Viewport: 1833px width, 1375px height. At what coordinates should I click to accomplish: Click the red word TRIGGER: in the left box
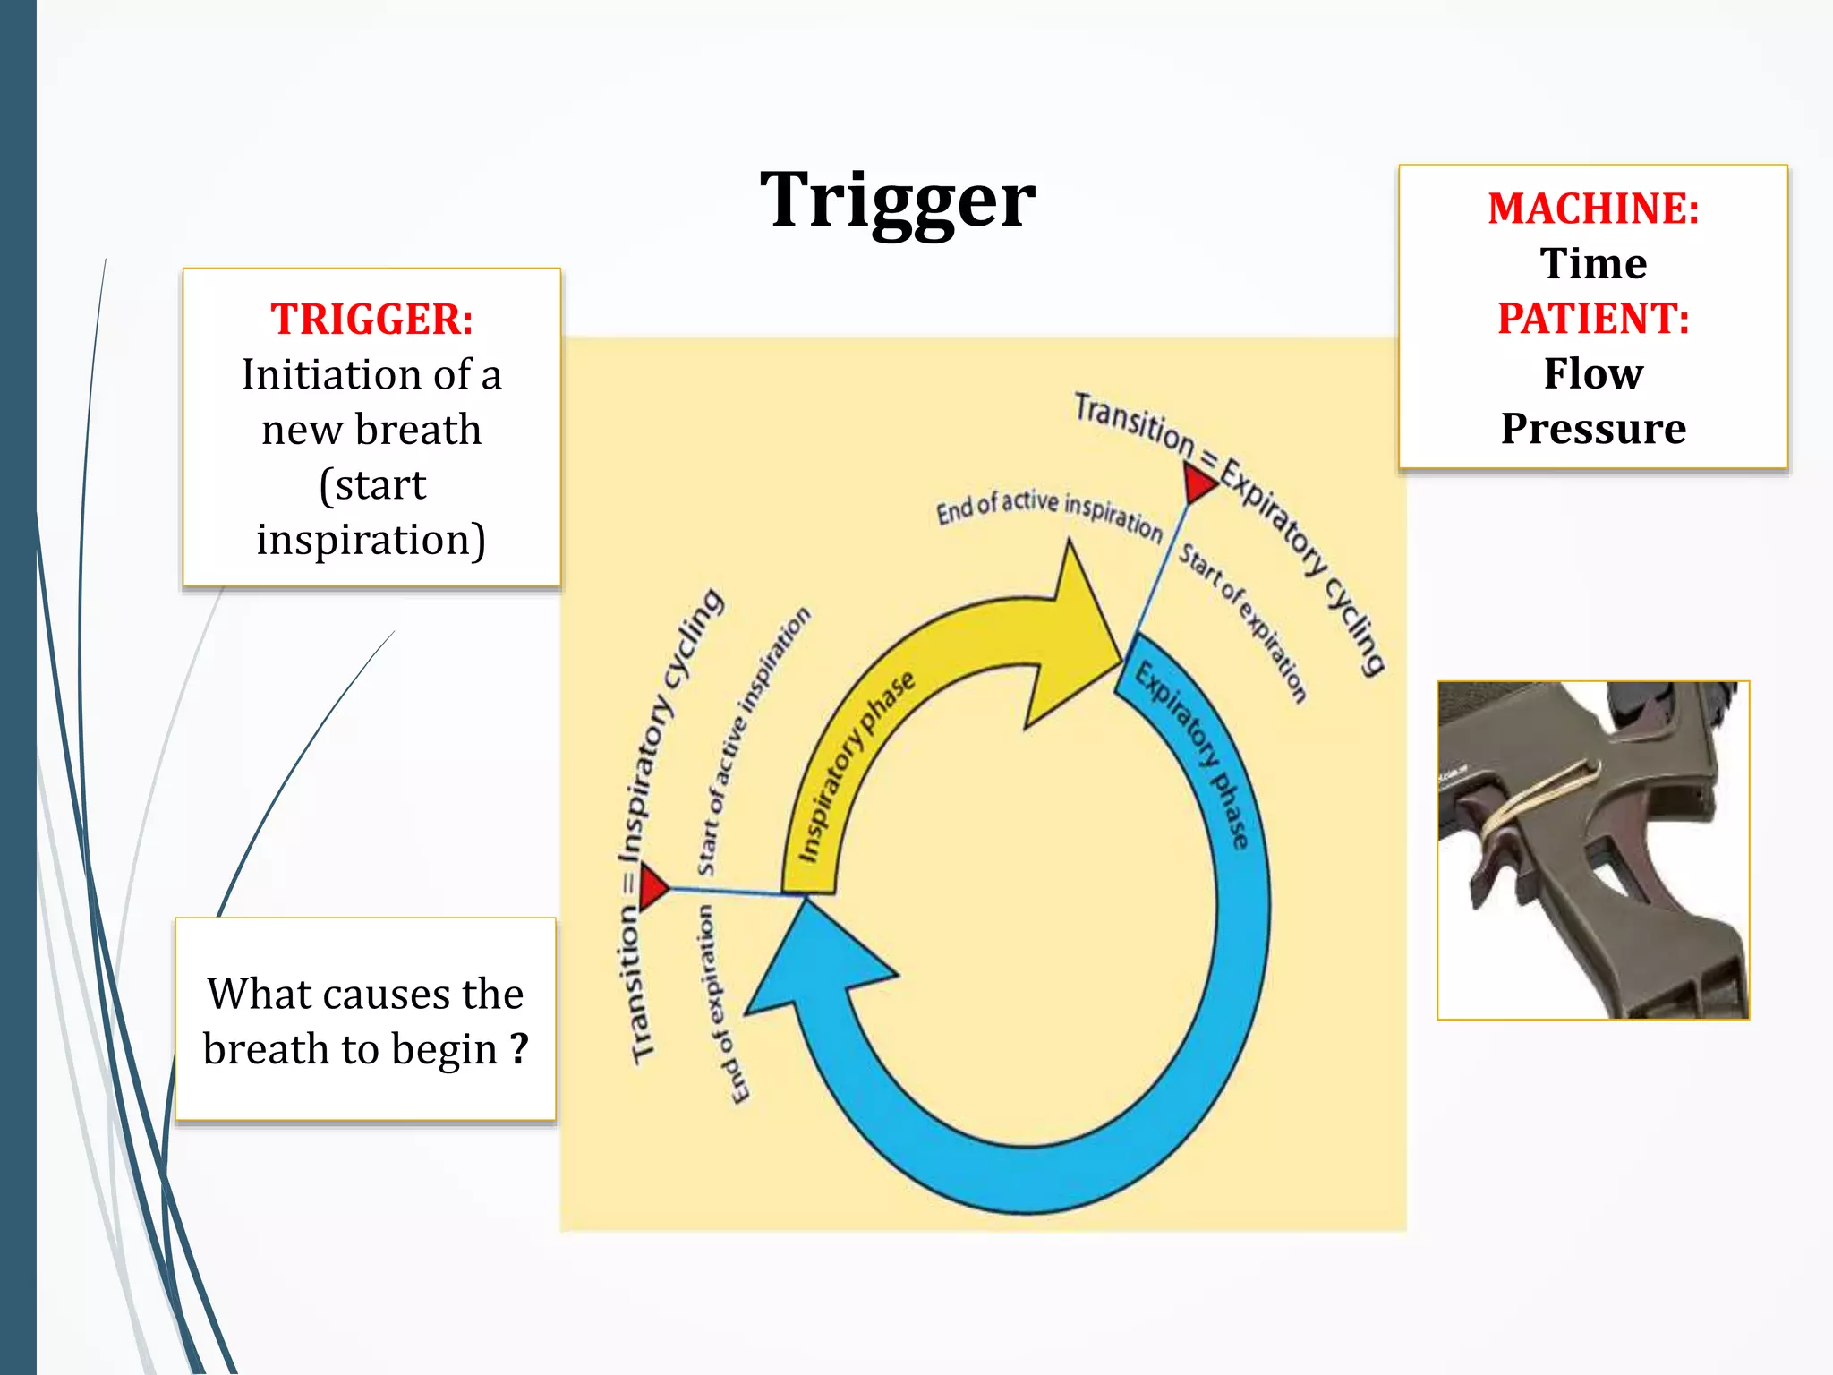click(371, 320)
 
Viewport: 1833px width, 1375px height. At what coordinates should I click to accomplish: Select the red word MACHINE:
click(1593, 209)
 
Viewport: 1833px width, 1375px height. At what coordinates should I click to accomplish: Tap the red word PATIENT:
click(1593, 319)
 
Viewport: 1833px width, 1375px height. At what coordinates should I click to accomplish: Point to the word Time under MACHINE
click(1593, 264)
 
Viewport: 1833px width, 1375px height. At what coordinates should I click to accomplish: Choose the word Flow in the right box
click(1593, 373)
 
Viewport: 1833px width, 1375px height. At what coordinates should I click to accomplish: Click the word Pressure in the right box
click(1593, 429)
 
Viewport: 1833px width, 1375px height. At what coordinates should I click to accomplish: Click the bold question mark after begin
click(519, 1048)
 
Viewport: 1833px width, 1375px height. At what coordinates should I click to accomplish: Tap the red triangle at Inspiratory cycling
click(652, 886)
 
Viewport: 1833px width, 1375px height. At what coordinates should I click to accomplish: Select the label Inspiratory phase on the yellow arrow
click(855, 765)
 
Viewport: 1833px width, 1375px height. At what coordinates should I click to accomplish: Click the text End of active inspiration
click(1049, 512)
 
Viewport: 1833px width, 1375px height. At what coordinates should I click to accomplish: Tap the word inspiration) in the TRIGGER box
click(371, 540)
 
